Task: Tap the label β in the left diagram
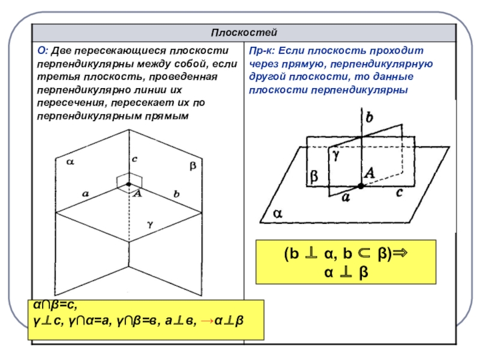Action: tap(193, 166)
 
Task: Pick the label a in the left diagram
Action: tap(85, 194)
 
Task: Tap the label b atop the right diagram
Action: tap(369, 118)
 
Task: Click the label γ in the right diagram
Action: tap(336, 154)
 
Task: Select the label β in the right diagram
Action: tap(313, 177)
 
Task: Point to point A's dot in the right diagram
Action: tap(361, 187)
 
